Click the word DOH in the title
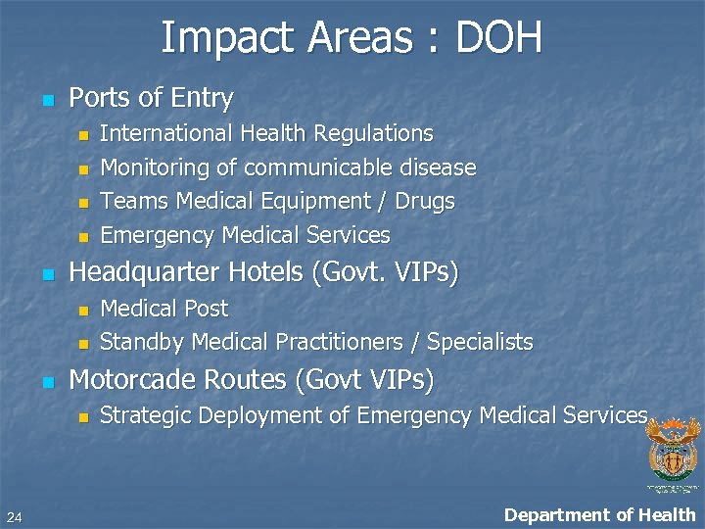click(x=498, y=38)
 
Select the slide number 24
click(x=14, y=517)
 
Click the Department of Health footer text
click(x=599, y=515)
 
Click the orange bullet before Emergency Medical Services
click(x=83, y=236)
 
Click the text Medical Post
click(x=164, y=309)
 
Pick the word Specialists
click(x=480, y=342)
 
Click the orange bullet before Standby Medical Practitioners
click(x=83, y=344)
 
